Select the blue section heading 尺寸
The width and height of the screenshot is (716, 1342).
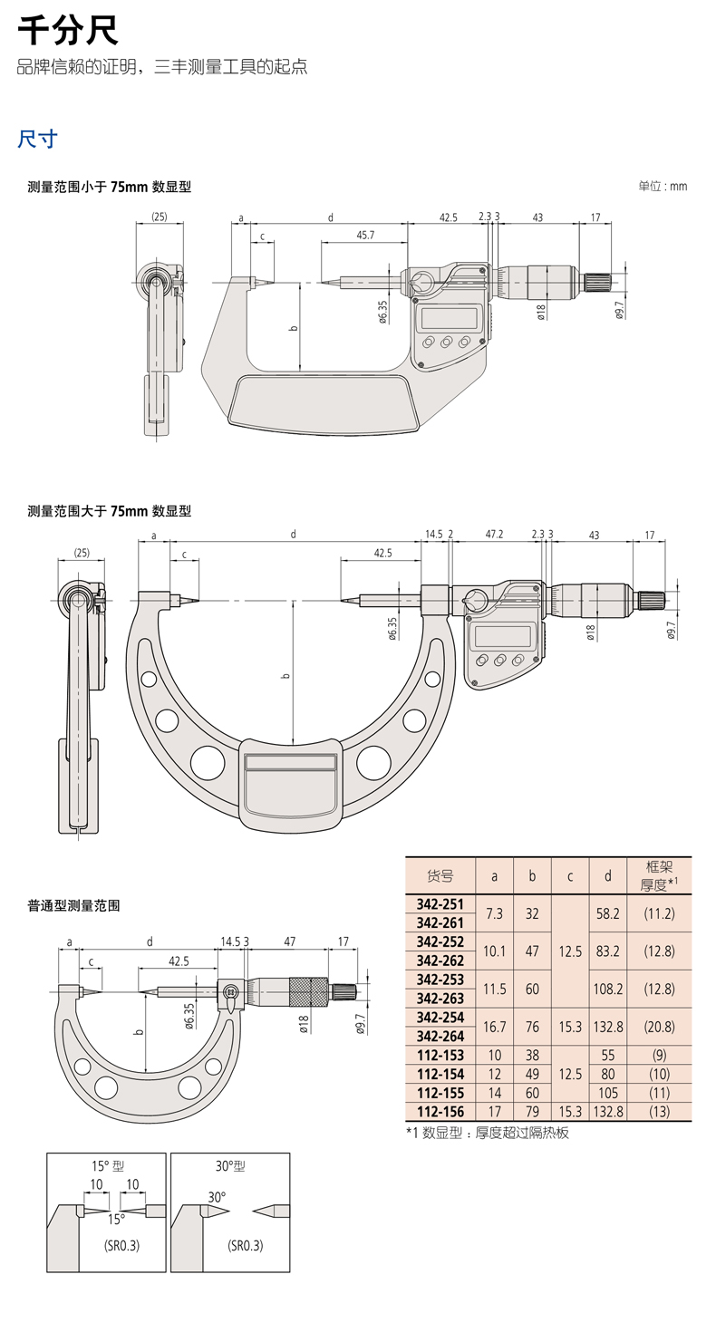point(38,139)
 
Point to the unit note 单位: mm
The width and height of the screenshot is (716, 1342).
point(663,186)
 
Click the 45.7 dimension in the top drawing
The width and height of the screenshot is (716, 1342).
point(366,235)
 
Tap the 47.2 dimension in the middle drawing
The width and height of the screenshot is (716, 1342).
point(494,535)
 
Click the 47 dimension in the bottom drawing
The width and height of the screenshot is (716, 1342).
point(290,941)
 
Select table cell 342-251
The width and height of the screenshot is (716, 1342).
point(440,904)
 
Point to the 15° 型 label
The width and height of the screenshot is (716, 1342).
point(106,1165)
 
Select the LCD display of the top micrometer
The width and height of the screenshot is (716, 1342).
point(447,318)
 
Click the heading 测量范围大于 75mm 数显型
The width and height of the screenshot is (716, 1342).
point(110,511)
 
